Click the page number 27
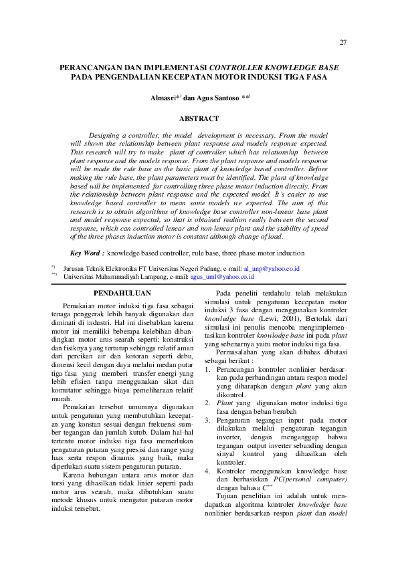pyautogui.click(x=343, y=43)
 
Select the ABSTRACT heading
pyautogui.click(x=199, y=118)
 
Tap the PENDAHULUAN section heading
pyautogui.click(x=122, y=293)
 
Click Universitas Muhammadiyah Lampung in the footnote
pyautogui.click(x=110, y=276)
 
